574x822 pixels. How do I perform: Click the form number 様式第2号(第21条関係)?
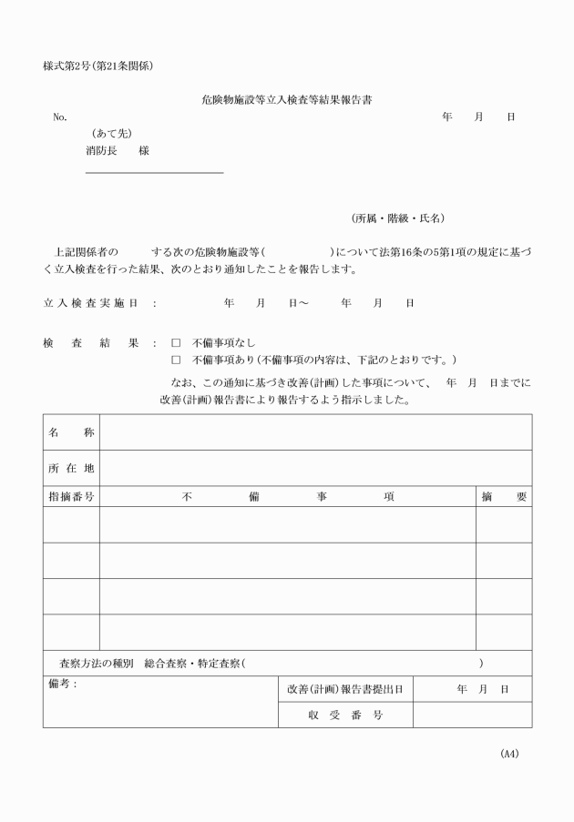click(x=97, y=66)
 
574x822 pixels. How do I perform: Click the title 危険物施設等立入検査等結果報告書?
click(x=286, y=100)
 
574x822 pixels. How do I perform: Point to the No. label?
click(x=60, y=117)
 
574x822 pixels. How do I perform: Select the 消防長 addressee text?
click(x=100, y=151)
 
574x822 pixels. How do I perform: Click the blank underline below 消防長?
click(x=154, y=172)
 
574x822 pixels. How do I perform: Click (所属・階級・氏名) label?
click(x=398, y=218)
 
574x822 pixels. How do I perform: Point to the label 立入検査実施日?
click(x=90, y=302)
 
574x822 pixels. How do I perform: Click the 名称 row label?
click(x=71, y=432)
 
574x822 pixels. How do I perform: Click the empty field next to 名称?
click(x=315, y=432)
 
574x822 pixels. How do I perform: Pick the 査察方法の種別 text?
click(x=96, y=664)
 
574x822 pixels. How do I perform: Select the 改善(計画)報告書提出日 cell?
click(x=344, y=690)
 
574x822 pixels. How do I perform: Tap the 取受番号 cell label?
click(x=344, y=715)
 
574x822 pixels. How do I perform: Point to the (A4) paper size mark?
click(x=508, y=754)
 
